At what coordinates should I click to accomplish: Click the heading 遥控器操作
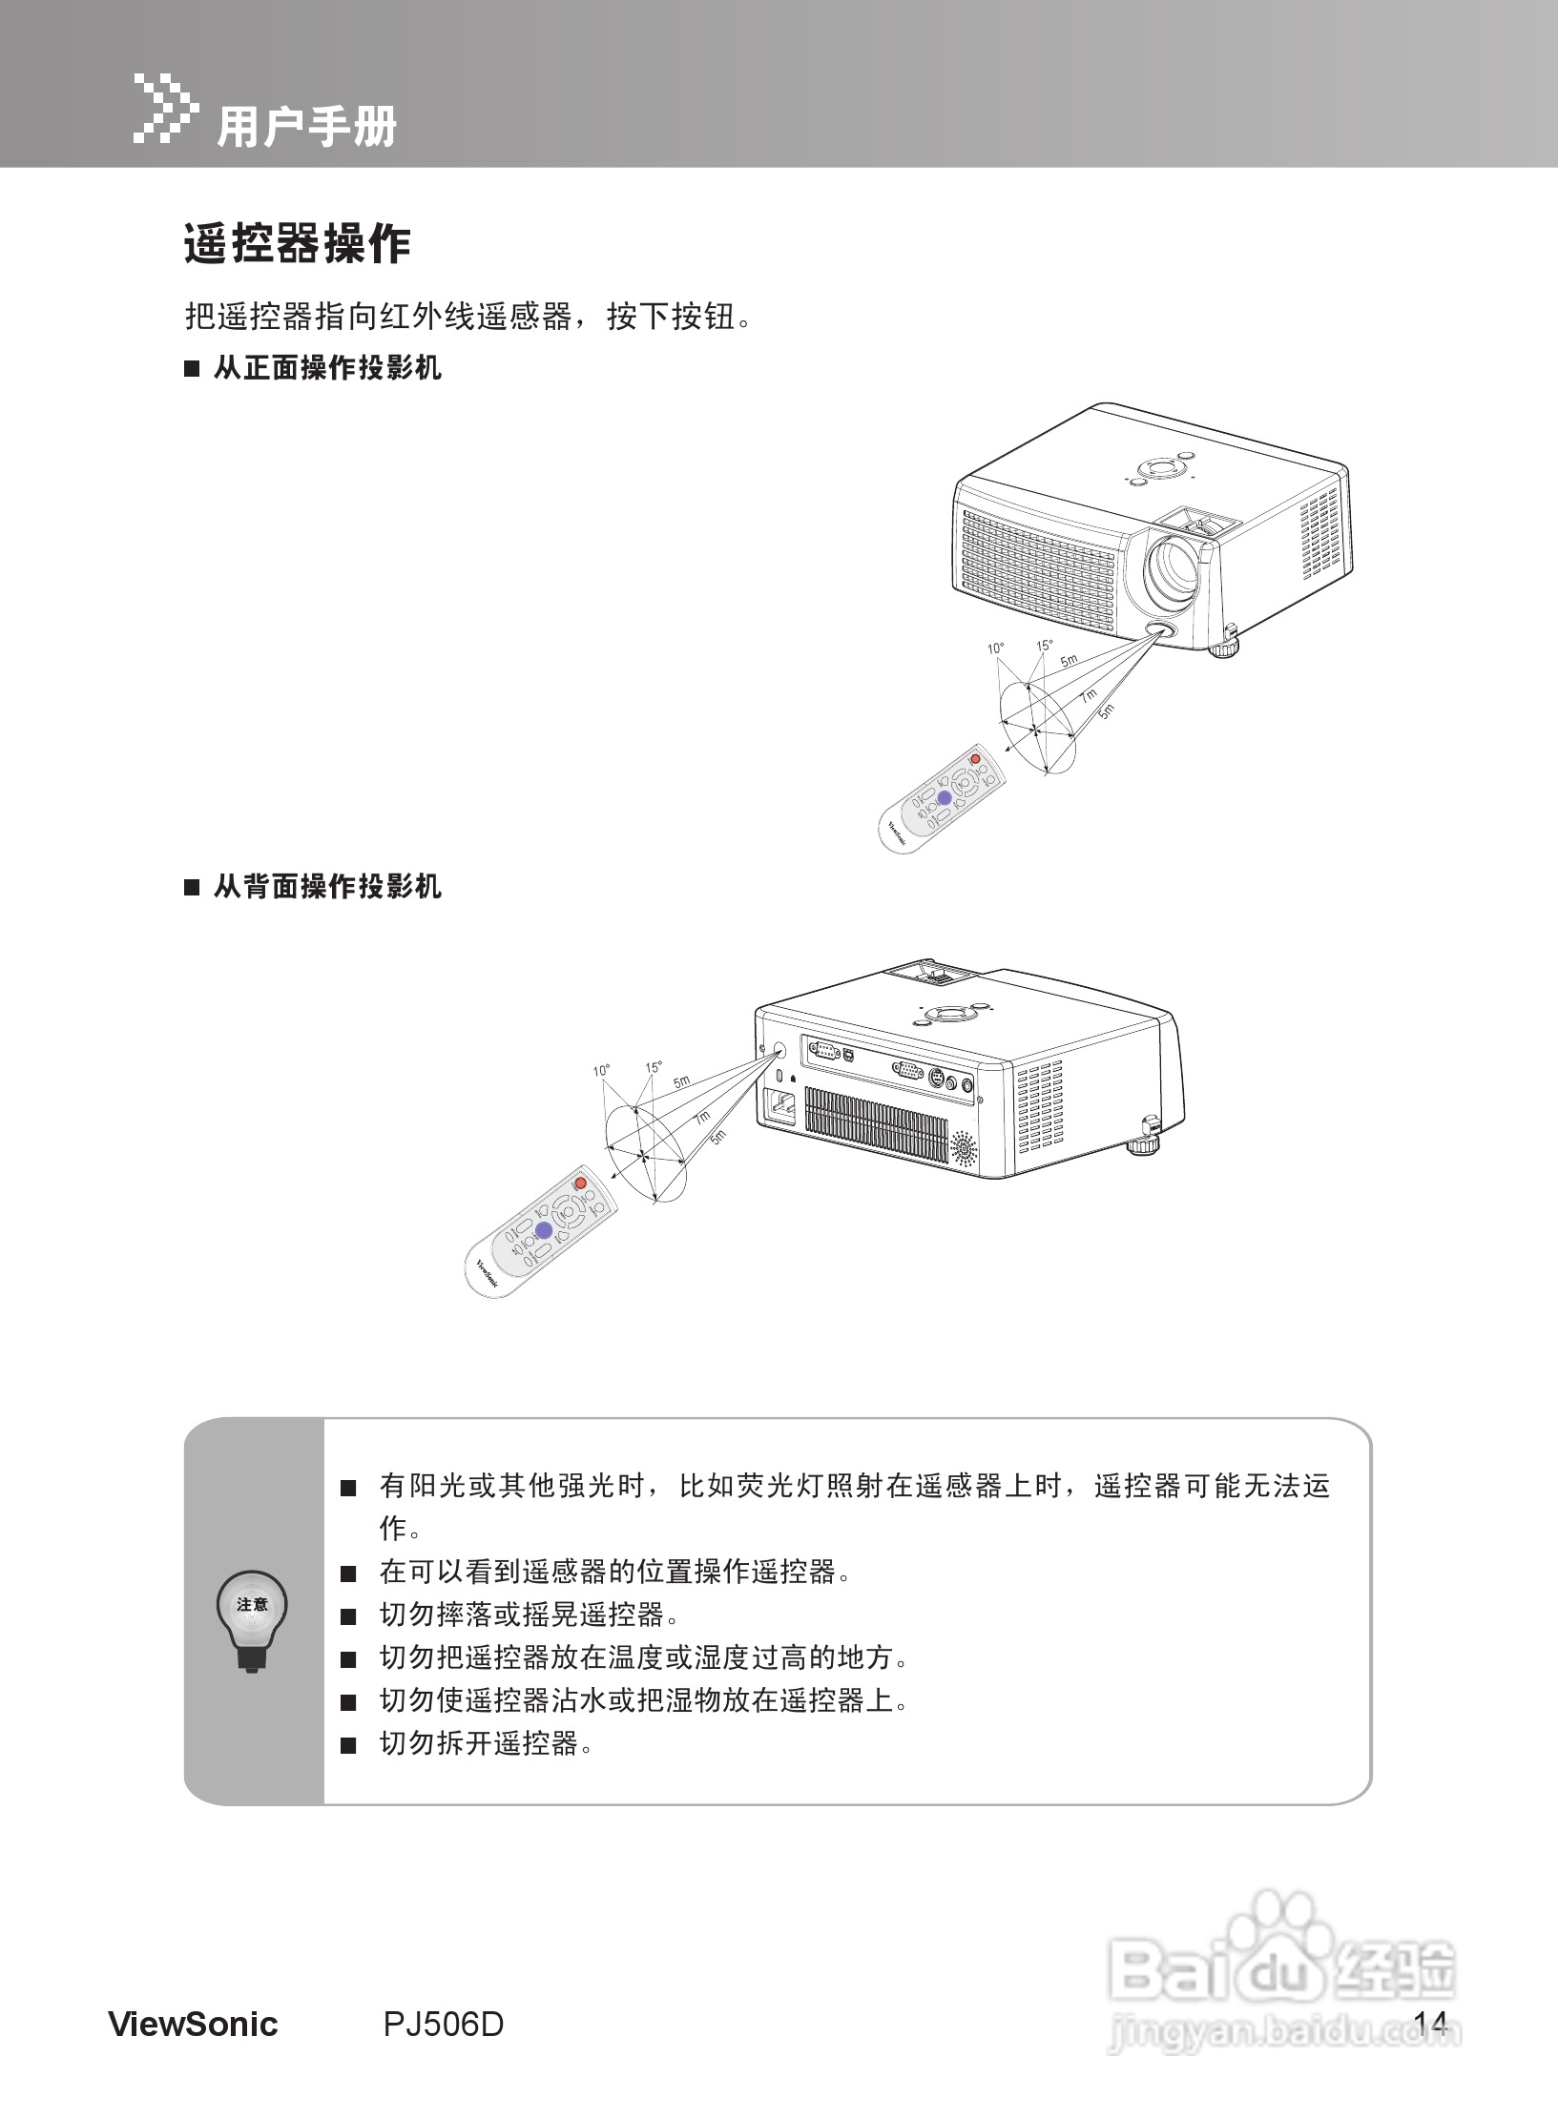pyautogui.click(x=297, y=245)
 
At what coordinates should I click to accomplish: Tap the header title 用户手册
pyautogui.click(x=307, y=127)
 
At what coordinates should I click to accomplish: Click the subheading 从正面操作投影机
pyautogui.click(x=326, y=368)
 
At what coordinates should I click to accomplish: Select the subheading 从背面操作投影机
pyautogui.click(x=326, y=887)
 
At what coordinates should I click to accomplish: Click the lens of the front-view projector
pyautogui.click(x=1174, y=566)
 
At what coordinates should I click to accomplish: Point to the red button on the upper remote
pyautogui.click(x=974, y=759)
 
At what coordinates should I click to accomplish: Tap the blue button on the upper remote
pyautogui.click(x=944, y=798)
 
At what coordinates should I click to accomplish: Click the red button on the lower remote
pyautogui.click(x=579, y=1183)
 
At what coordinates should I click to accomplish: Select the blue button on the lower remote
pyautogui.click(x=543, y=1230)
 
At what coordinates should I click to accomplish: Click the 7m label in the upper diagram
pyautogui.click(x=1089, y=695)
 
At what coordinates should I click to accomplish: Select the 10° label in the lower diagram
pyautogui.click(x=601, y=1070)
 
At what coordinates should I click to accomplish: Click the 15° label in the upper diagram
pyautogui.click(x=1045, y=646)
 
